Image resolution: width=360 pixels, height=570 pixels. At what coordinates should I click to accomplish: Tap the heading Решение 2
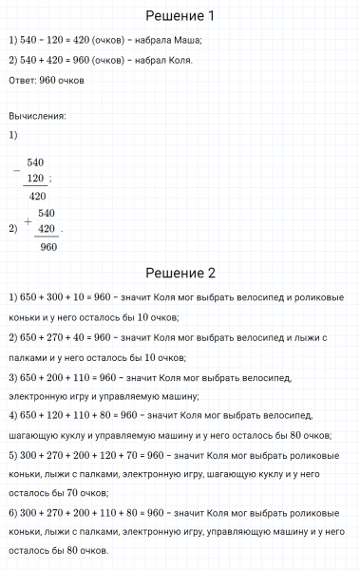(x=180, y=273)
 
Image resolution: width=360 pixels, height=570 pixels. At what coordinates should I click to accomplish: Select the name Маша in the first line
(x=186, y=40)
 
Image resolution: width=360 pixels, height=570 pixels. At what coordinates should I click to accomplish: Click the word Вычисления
(x=36, y=116)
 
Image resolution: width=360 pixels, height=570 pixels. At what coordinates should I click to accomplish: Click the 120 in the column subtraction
(x=37, y=179)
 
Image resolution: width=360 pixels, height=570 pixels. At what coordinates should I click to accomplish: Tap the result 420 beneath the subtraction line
(x=37, y=197)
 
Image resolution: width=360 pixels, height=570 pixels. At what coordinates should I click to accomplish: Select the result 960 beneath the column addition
(x=48, y=247)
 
